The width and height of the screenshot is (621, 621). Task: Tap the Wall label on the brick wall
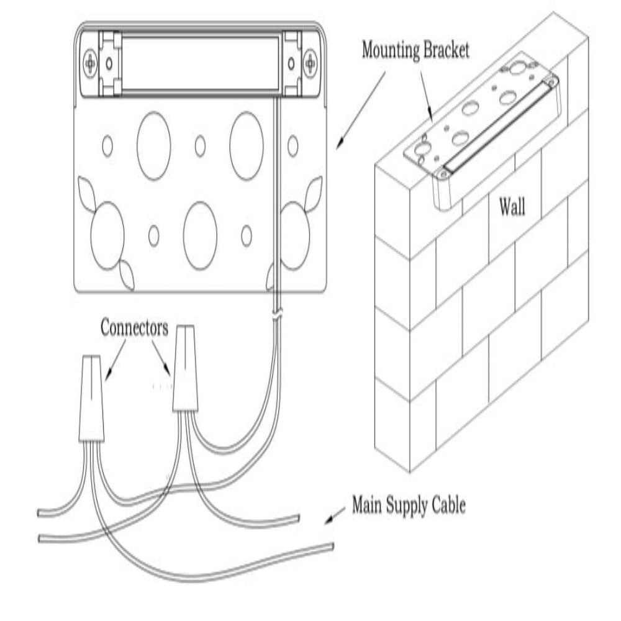512,207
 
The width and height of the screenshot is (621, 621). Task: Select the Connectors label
134,329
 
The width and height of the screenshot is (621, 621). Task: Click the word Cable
448,505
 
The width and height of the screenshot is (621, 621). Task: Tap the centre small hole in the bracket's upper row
200,145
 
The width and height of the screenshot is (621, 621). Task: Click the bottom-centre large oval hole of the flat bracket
200,234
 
